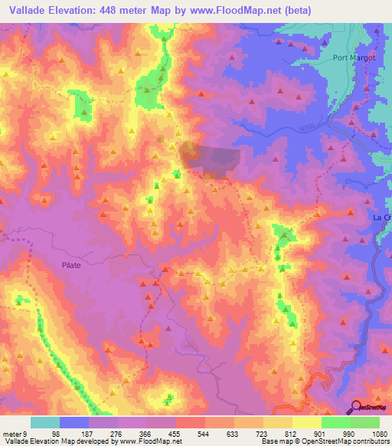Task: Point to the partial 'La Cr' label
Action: point(381,217)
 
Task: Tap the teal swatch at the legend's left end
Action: point(45,422)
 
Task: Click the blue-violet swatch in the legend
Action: point(74,422)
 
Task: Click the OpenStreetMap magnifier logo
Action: point(354,407)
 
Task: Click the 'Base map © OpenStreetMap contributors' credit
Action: point(325,441)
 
